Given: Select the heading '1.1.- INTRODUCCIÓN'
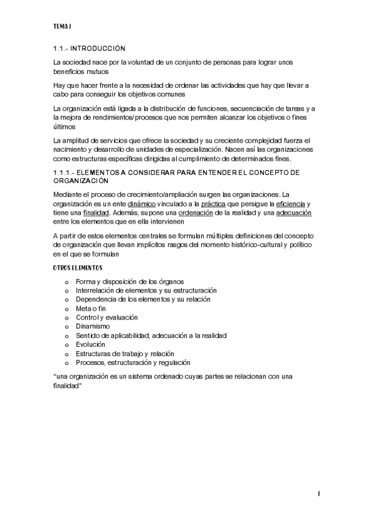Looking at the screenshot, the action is click(89, 48).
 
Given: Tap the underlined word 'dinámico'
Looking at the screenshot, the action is click(141, 204).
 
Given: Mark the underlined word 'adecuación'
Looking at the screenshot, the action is click(294, 213).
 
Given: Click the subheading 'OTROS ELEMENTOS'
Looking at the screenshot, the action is click(77, 268).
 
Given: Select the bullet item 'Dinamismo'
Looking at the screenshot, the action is click(93, 326).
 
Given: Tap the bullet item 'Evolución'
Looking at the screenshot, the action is click(90, 344).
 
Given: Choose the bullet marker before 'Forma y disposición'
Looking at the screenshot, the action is click(67, 281).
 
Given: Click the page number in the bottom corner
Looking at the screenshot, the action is click(318, 494).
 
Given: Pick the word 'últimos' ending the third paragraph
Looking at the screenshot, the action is click(65, 126).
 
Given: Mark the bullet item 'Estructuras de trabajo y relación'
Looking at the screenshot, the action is click(125, 353).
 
